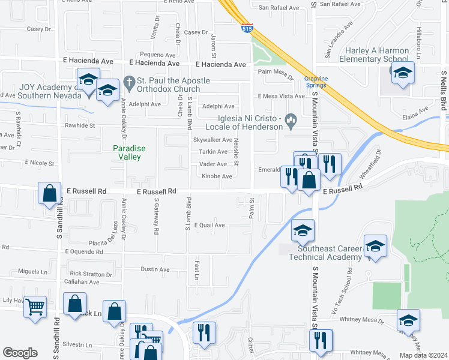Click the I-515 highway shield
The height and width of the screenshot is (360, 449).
point(247,28)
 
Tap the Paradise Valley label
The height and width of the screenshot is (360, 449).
point(130,152)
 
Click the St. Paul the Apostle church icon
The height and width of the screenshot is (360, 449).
point(128,81)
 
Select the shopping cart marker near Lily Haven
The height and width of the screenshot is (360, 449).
point(35,307)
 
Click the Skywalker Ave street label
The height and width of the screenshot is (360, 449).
point(212,140)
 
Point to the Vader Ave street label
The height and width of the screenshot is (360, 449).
point(213,164)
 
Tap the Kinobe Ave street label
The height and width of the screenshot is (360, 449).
point(217,176)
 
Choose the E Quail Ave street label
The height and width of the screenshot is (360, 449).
point(208,225)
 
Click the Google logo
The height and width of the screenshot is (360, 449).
point(20,353)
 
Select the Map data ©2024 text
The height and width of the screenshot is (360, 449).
point(423,355)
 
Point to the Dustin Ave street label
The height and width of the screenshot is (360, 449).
point(155,269)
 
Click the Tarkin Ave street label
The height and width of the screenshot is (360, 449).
point(213,152)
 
